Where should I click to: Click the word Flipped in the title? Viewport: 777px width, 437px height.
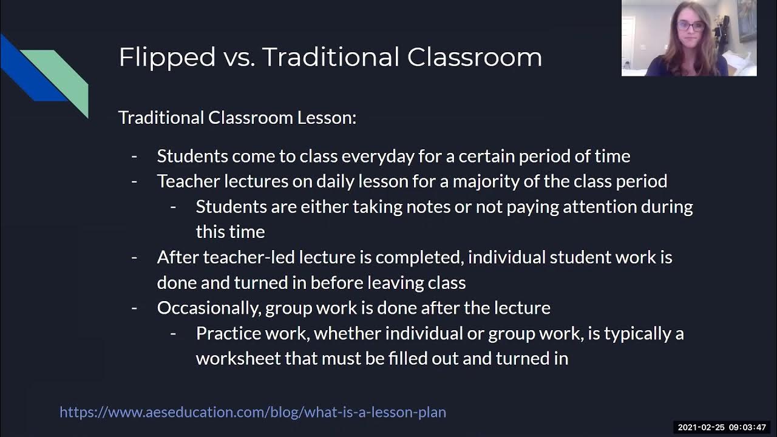tap(167, 58)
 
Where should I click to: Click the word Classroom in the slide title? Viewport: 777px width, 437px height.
tap(474, 57)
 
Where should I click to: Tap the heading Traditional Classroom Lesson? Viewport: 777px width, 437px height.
tap(237, 117)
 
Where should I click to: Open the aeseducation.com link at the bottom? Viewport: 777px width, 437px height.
tap(253, 412)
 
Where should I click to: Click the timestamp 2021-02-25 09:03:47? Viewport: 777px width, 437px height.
tap(722, 428)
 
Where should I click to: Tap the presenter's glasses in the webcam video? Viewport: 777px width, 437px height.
tap(690, 26)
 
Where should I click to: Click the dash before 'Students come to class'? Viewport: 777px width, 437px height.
tap(134, 157)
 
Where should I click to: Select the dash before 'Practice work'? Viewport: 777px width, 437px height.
tap(173, 333)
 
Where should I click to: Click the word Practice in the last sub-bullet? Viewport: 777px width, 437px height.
tap(222, 333)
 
